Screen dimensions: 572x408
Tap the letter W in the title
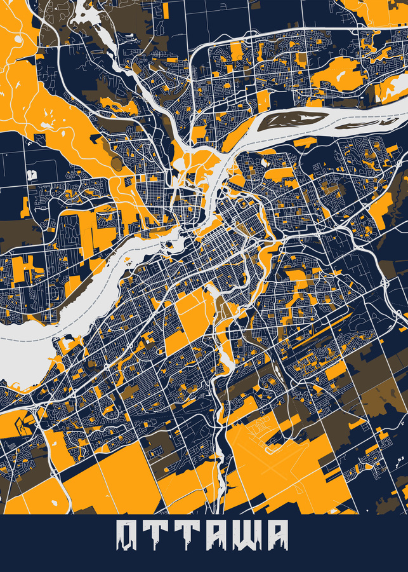tap(240, 535)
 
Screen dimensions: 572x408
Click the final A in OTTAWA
tap(275, 535)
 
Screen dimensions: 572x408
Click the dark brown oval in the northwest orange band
tap(115, 162)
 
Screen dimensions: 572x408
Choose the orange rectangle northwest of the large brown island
tap(263, 99)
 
